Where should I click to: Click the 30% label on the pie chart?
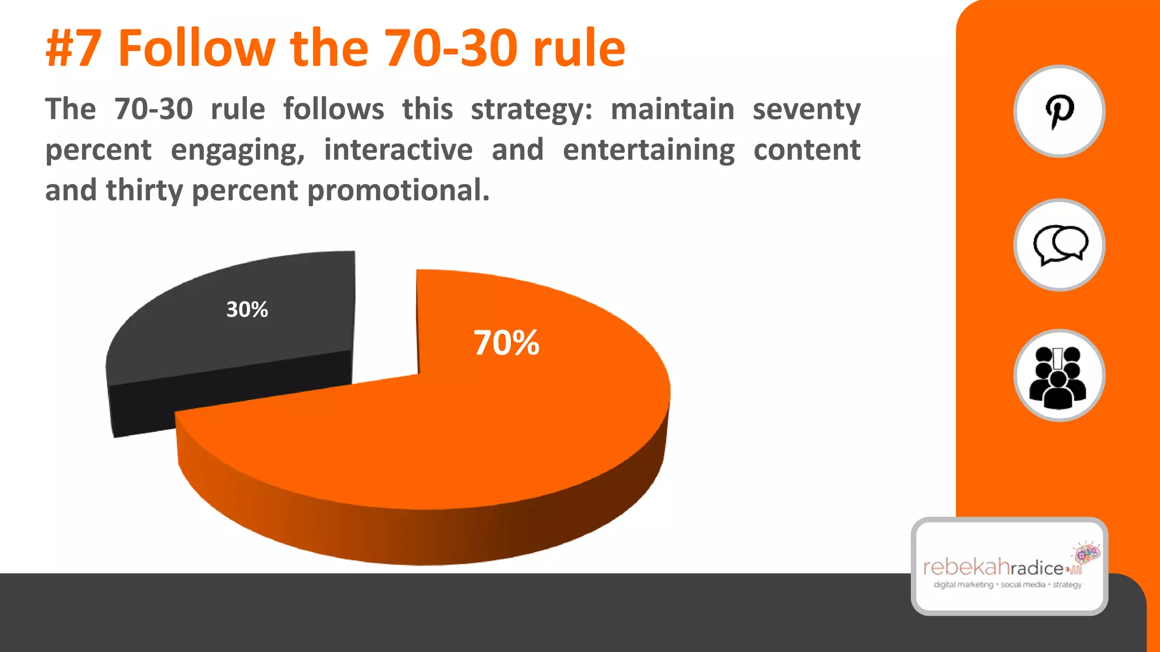(x=247, y=310)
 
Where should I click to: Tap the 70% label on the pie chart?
(x=506, y=343)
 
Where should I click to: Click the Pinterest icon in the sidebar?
(x=1059, y=111)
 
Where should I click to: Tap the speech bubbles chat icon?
(x=1059, y=245)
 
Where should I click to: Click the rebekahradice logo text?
(x=994, y=567)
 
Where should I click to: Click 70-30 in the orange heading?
(x=451, y=49)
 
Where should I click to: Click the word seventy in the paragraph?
(x=807, y=110)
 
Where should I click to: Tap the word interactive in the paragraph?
(x=398, y=150)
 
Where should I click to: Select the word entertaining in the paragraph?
(x=649, y=150)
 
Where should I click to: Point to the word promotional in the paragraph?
(x=398, y=191)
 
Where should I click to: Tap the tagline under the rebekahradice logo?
(x=1008, y=585)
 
